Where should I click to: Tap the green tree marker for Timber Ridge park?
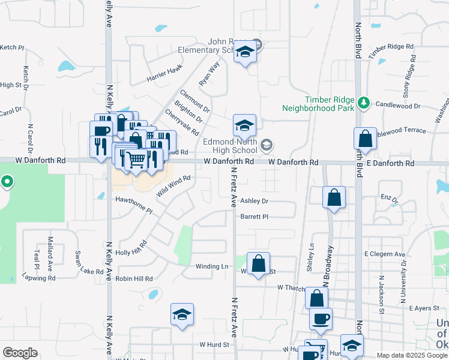363,102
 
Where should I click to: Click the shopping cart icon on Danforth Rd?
137,160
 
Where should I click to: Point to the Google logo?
20,353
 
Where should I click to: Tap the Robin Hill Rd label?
134,279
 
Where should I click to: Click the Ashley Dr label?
254,202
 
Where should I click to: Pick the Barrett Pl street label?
254,217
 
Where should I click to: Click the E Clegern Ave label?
384,254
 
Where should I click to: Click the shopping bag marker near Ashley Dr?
334,197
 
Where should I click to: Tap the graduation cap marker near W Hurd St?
182,314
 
